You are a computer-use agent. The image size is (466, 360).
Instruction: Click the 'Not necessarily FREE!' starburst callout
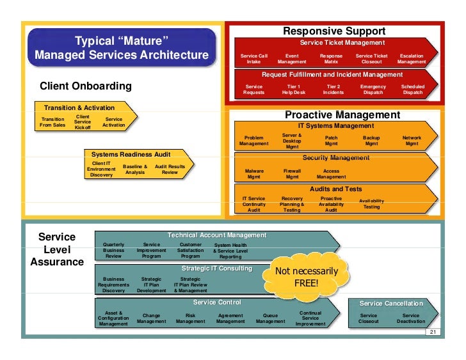click(x=306, y=277)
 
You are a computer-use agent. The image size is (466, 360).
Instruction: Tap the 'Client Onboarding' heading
click(x=86, y=86)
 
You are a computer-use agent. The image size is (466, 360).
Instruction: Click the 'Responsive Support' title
click(x=334, y=31)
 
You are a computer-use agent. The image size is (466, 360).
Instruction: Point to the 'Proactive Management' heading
click(x=342, y=115)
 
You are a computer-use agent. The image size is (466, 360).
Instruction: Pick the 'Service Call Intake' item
click(x=253, y=59)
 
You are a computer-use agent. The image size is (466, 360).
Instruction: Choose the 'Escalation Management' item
click(x=411, y=59)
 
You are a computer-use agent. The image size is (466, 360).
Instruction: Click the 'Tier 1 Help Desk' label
click(x=293, y=90)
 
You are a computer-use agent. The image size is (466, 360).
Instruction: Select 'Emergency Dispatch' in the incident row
click(x=373, y=90)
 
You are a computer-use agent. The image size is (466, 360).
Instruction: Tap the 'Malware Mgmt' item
click(x=254, y=174)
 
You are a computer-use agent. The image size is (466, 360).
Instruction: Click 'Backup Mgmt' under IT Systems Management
click(x=371, y=141)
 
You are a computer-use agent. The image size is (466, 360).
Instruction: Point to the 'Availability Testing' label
click(x=371, y=204)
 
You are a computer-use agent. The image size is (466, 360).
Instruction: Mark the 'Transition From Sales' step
click(x=52, y=122)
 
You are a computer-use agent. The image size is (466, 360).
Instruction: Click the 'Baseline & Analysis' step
click(x=135, y=169)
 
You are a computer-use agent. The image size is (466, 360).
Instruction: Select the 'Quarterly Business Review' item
click(x=114, y=250)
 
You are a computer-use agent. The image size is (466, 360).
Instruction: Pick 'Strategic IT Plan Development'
click(x=152, y=285)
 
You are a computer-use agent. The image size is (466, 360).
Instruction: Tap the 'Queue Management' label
click(x=270, y=318)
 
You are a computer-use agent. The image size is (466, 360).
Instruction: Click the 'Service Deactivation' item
click(x=410, y=318)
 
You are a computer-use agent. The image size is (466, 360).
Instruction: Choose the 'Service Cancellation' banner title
click(x=391, y=303)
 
